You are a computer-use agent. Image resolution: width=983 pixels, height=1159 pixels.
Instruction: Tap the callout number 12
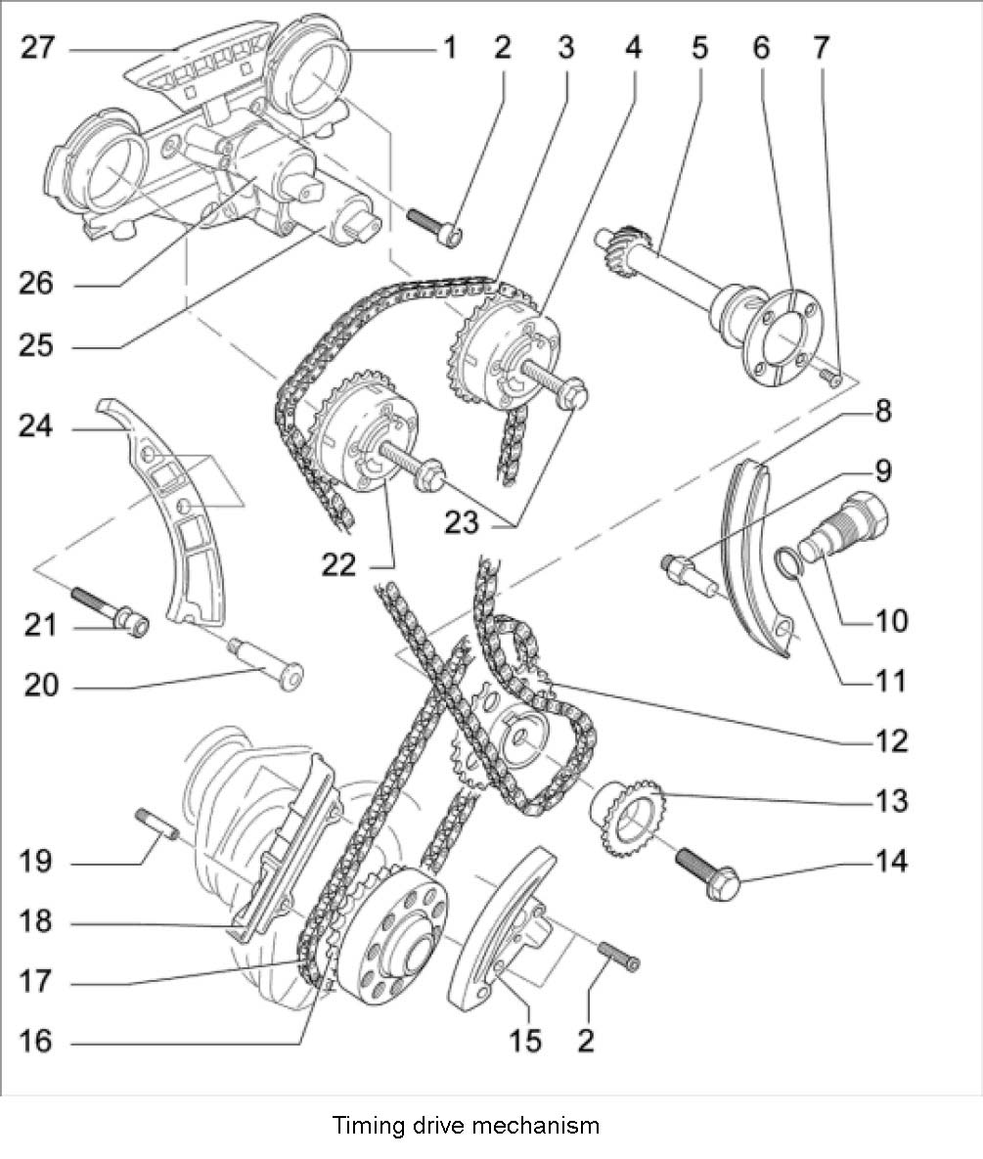click(891, 740)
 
